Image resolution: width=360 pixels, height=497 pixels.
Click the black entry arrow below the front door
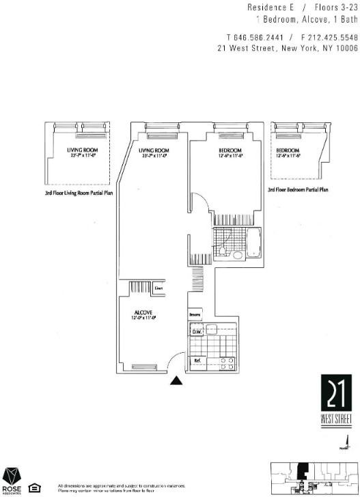(177, 382)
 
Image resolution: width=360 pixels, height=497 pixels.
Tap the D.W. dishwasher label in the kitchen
(196, 332)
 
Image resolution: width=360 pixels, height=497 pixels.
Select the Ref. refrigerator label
(197, 360)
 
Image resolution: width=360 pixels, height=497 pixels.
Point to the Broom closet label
(195, 315)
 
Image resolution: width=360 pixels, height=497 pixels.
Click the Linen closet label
(158, 288)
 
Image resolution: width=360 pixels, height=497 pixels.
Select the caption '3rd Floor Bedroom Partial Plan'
(298, 189)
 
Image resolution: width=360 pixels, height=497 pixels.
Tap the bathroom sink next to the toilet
(236, 255)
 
